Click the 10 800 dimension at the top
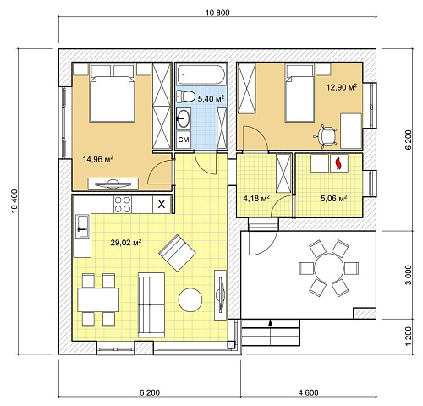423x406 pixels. click(217, 13)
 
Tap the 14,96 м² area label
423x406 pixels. click(98, 159)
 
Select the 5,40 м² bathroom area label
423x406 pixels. click(211, 98)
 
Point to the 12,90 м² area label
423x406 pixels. click(342, 87)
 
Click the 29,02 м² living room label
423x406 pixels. click(126, 242)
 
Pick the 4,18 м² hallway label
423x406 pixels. click(256, 198)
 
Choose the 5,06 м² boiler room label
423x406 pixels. click(334, 198)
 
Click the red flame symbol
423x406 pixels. click(338, 164)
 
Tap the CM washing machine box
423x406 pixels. click(184, 140)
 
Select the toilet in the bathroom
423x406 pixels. click(186, 96)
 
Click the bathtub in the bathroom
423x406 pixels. click(201, 74)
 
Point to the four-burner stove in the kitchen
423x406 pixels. click(123, 205)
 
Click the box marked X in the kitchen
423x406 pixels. click(162, 205)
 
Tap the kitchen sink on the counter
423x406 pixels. click(82, 227)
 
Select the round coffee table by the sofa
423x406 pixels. click(190, 299)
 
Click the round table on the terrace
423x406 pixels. click(329, 268)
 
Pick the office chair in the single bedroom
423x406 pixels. click(325, 137)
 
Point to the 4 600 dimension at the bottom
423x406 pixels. click(308, 392)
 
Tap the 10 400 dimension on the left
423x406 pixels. click(14, 201)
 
